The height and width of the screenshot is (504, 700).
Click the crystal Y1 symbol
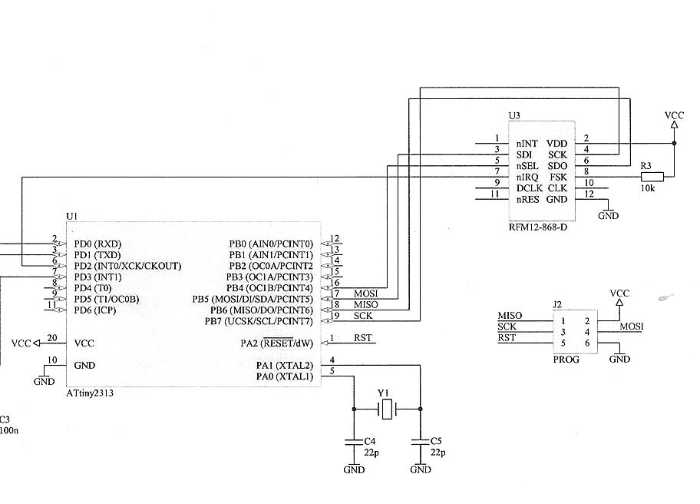pos(388,409)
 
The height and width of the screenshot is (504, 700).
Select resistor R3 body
pos(652,177)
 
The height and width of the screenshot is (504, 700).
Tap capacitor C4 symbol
pos(354,443)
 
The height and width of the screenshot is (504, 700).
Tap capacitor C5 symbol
pos(420,443)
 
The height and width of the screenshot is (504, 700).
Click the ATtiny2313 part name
pos(94,393)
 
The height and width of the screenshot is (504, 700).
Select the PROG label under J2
pos(566,359)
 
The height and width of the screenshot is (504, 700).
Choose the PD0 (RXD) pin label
pos(97,244)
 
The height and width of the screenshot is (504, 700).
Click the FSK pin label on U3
pos(558,177)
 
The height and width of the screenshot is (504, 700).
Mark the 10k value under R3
pos(647,188)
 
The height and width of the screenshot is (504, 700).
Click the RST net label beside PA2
pos(362,337)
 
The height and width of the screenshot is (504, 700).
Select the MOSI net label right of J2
pos(632,327)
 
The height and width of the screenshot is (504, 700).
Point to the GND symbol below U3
pos(608,214)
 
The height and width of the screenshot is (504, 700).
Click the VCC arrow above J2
pos(619,301)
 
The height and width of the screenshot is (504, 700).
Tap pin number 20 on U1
pos(52,337)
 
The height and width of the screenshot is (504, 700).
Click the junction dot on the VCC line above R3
pos(674,143)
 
